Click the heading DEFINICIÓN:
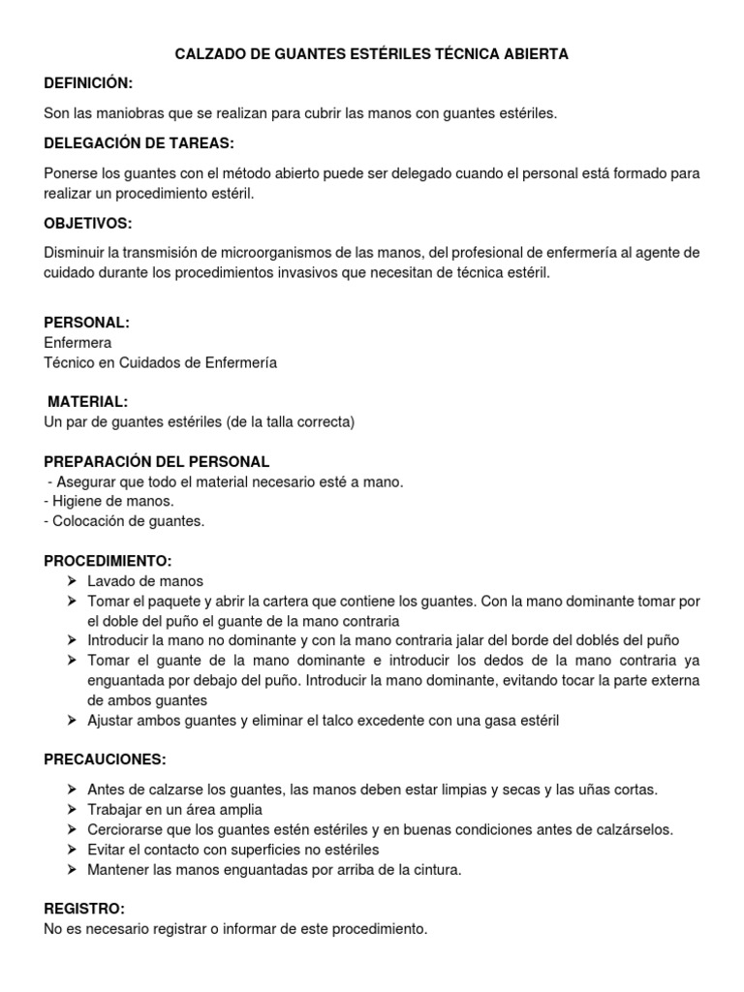tap(88, 84)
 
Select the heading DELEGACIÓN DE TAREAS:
tap(139, 143)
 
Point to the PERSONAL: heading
tap(87, 323)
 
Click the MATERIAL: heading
tap(86, 402)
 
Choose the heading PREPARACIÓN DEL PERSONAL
tap(157, 461)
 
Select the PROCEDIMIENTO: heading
tap(108, 561)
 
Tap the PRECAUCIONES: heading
tap(105, 759)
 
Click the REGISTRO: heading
tap(84, 909)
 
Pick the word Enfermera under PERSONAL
tap(77, 343)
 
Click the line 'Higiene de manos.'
tap(109, 501)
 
